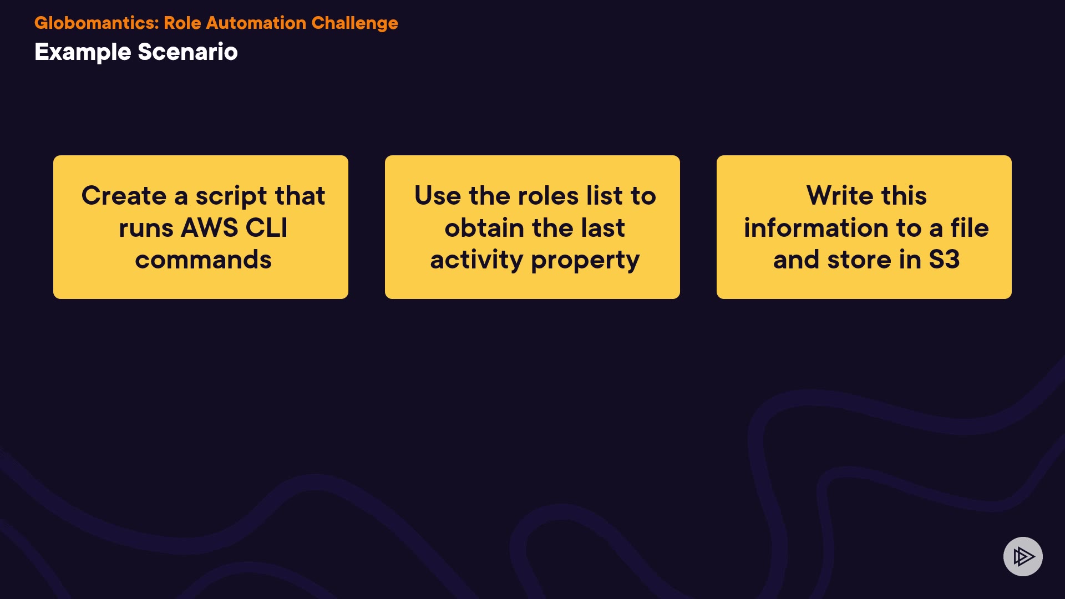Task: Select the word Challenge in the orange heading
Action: (354, 24)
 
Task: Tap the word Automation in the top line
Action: (256, 23)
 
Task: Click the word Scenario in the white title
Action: (187, 52)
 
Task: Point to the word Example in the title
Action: (83, 53)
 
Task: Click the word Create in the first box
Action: (124, 196)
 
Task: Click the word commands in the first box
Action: (204, 260)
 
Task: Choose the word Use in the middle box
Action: (438, 196)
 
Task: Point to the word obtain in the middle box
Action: (484, 228)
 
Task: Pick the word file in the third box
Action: (970, 228)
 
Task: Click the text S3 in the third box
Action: (944, 260)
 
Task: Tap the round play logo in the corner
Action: (1023, 556)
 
